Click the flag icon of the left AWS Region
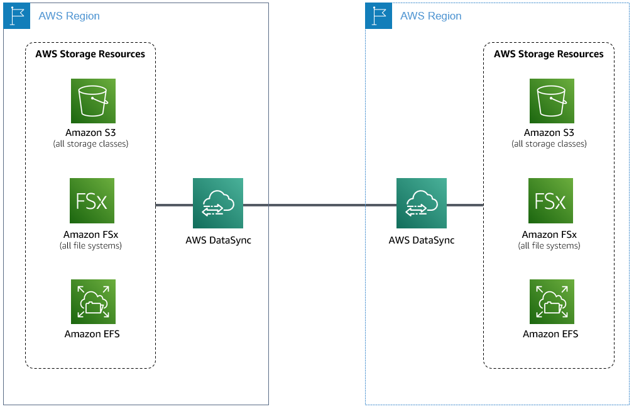coord(16,16)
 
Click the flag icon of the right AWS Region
coord(378,16)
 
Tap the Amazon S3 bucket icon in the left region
coord(93,101)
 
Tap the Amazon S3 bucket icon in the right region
coord(551,101)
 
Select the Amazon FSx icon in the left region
coord(92,201)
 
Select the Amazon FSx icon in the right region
coord(550,201)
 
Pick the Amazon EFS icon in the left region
coord(93,301)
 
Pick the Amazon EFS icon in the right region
coord(551,301)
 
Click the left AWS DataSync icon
coord(218,203)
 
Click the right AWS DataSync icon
coord(421,203)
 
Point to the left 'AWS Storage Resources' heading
coord(90,54)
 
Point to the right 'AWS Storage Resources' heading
coord(549,54)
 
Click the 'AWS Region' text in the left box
coord(69,16)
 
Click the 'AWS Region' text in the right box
coord(431,16)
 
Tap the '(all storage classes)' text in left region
coord(90,144)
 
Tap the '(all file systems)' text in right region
coord(549,245)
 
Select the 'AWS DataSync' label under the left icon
coord(218,240)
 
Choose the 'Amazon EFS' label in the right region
coord(550,334)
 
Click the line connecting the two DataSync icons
coord(319,204)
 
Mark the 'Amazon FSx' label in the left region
coord(90,235)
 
